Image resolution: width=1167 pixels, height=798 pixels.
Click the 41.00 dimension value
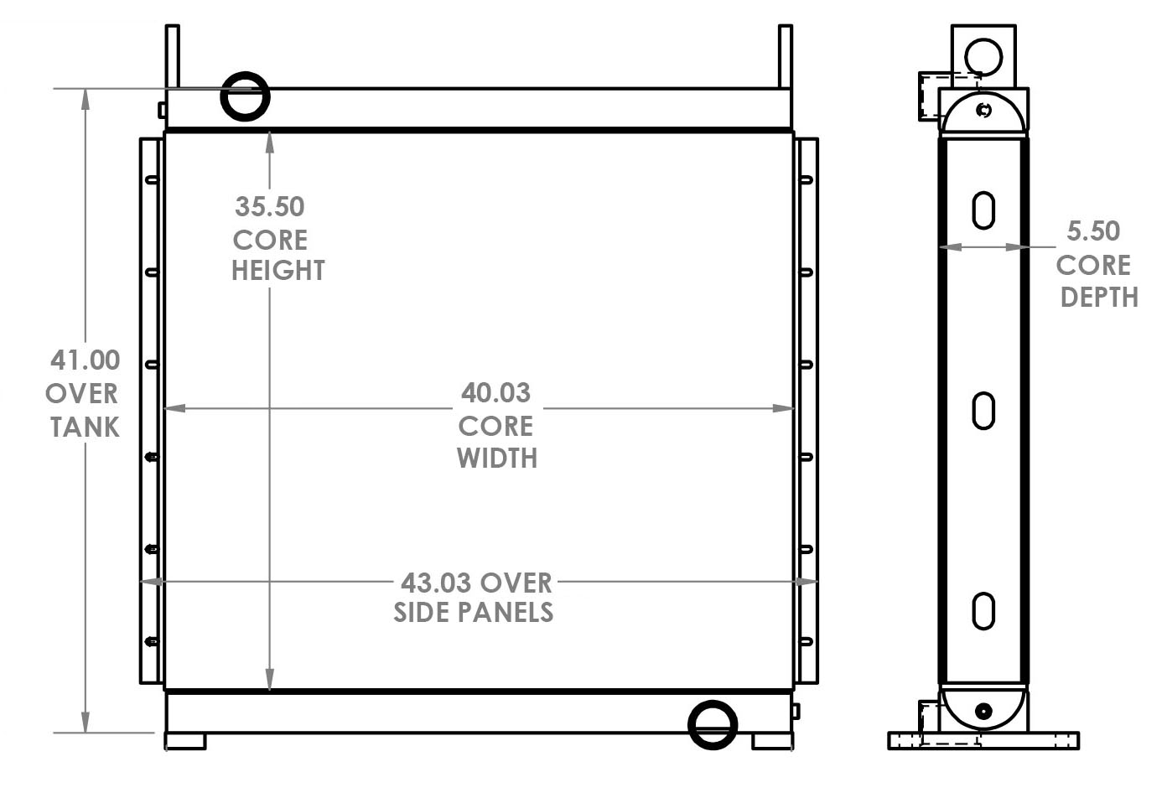85,360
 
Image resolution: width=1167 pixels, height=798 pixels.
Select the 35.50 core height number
269,206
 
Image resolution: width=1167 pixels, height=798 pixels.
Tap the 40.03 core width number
495,392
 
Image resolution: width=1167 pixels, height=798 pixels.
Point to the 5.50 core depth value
1093,231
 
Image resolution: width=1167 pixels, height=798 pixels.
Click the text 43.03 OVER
476,582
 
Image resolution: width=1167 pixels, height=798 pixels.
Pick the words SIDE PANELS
474,613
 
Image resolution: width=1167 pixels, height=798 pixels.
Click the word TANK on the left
84,427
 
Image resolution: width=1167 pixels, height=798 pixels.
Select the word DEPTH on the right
1099,297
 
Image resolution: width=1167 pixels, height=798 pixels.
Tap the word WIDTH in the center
497,459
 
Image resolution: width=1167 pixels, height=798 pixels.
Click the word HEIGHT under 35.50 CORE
277,271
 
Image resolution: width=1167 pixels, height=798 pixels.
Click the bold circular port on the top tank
245,96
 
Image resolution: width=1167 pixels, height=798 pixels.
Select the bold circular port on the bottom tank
713,724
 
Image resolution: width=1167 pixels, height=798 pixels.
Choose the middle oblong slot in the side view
983,411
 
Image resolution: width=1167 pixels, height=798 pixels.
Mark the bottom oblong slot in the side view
983,610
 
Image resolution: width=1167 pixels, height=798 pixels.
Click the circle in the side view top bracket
983,57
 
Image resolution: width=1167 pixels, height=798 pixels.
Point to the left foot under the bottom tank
185,742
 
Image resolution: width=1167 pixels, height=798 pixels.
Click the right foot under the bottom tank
771,742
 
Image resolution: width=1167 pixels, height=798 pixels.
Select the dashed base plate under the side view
983,741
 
